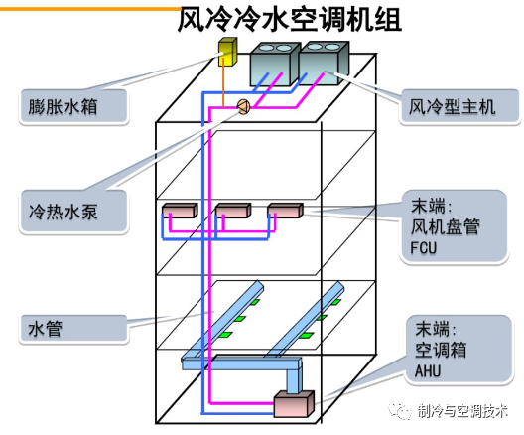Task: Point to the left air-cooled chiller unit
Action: point(275,61)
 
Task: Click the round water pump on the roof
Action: point(241,109)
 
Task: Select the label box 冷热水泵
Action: point(73,211)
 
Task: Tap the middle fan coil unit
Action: point(232,211)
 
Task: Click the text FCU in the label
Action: point(425,248)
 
